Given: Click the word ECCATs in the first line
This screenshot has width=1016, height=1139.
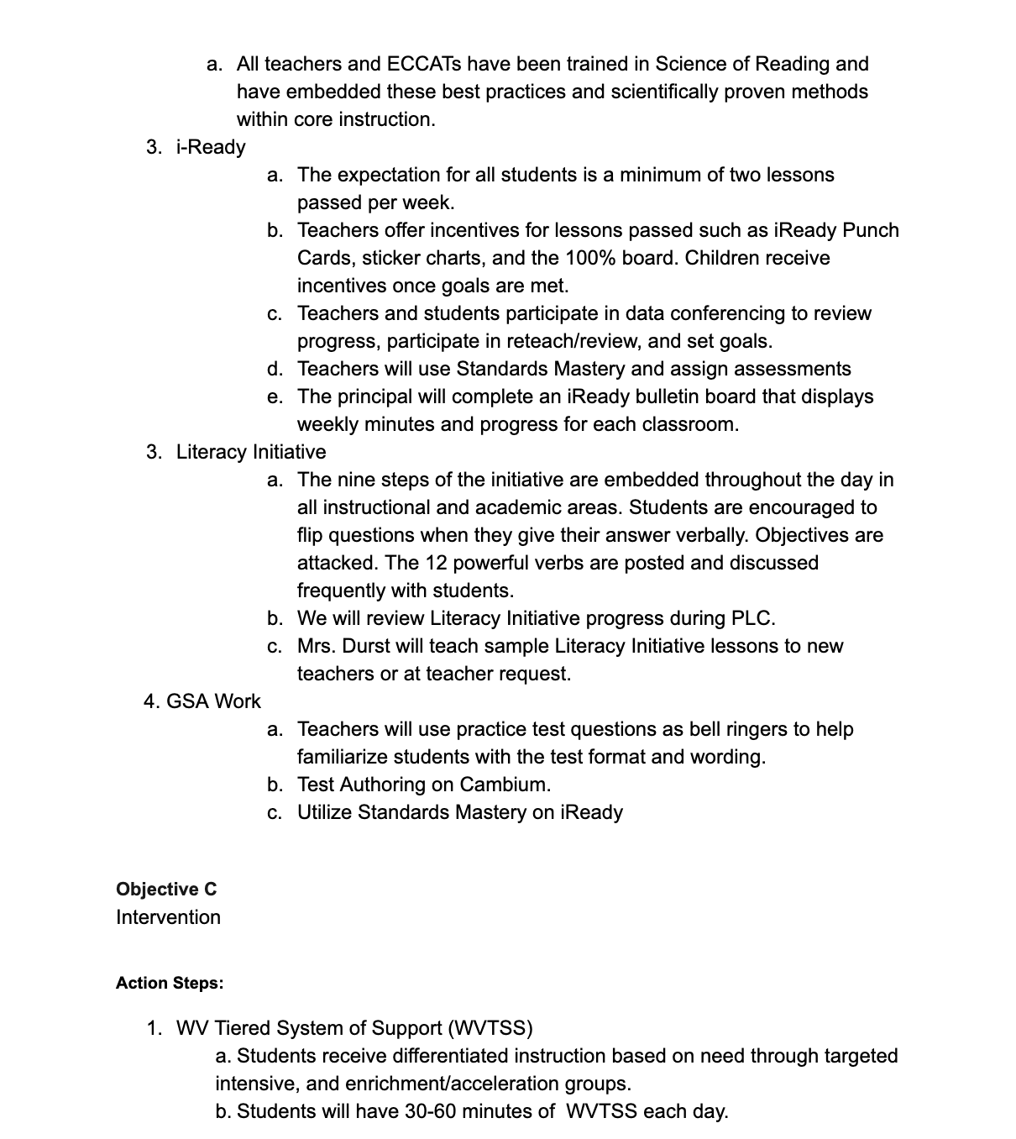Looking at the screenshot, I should coord(423,64).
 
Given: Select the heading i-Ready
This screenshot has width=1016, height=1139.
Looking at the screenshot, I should coord(211,147).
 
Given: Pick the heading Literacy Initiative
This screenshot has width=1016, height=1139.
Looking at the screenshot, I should coord(251,452).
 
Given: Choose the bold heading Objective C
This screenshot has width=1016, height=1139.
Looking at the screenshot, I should coord(166,890).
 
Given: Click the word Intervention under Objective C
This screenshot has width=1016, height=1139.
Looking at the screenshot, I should coord(168,917).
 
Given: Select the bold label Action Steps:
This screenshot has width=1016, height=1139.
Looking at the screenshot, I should coord(170,983).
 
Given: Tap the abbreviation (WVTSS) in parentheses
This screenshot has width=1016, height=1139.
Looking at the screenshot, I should coord(490,1028).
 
